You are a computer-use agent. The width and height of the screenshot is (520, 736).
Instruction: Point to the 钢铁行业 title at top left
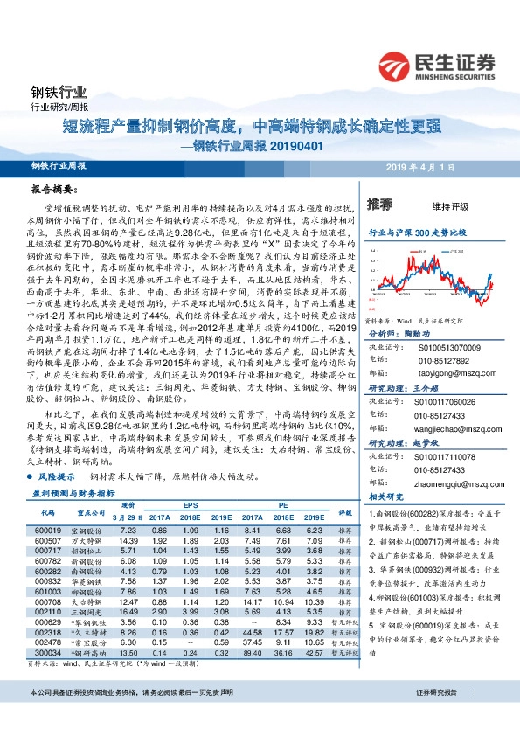tap(59, 93)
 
